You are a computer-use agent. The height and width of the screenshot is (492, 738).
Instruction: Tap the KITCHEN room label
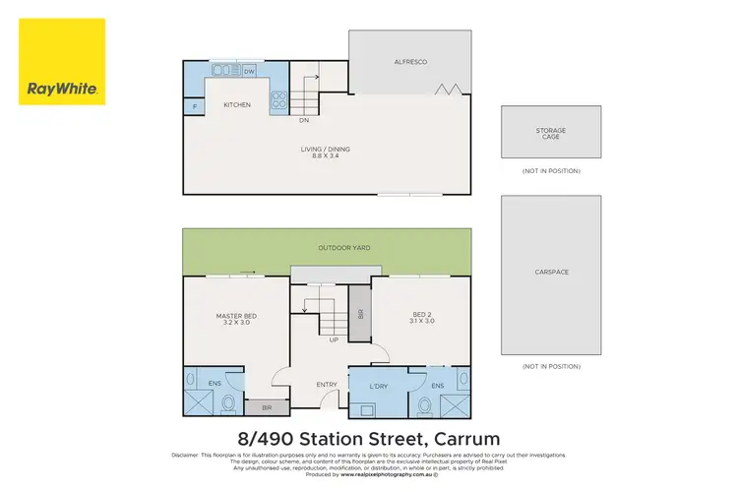(237, 104)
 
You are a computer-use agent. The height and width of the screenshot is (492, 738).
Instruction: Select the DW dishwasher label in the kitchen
(250, 72)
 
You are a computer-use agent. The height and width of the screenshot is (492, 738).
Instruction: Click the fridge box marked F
(195, 104)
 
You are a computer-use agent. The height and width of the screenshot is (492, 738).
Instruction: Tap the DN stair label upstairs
(305, 121)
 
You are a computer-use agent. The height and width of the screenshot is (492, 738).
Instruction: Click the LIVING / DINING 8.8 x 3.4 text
(326, 153)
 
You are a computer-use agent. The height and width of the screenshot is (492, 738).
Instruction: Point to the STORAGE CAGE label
(550, 133)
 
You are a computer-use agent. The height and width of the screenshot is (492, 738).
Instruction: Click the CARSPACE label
(551, 272)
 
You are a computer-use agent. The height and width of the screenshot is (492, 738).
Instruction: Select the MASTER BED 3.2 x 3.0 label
(235, 319)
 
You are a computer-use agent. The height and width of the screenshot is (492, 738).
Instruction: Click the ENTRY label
(327, 385)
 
